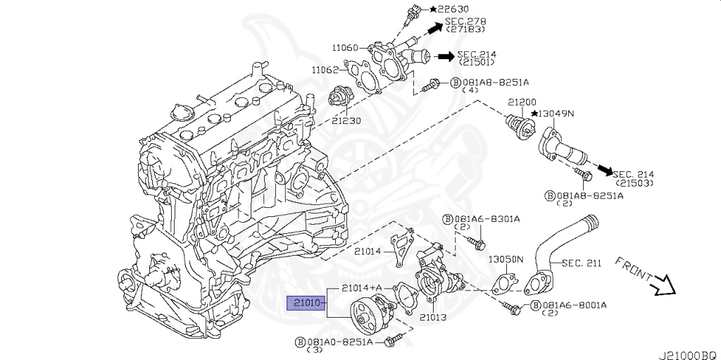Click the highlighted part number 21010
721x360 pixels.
(x=305, y=304)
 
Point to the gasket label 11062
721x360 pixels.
(x=325, y=70)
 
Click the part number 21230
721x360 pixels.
(x=347, y=120)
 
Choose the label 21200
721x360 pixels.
(x=522, y=101)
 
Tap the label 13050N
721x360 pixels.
(x=506, y=259)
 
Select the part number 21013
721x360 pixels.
(x=433, y=318)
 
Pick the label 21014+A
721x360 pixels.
(x=362, y=288)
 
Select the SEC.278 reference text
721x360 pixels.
(x=465, y=22)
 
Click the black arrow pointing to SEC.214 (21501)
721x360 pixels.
(x=445, y=56)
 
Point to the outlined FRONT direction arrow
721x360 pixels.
(x=663, y=286)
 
